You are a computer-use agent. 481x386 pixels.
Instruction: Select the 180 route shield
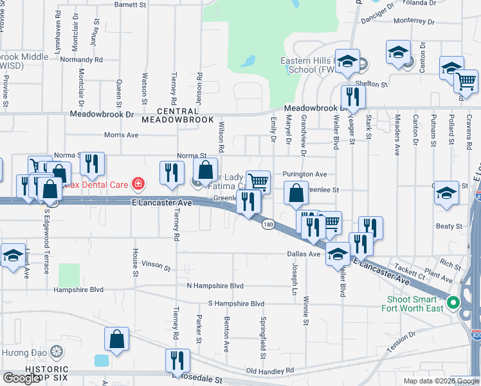tap(268, 224)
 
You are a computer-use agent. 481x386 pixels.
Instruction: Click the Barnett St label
tap(130, 5)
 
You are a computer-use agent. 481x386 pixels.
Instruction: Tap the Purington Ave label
tap(305, 174)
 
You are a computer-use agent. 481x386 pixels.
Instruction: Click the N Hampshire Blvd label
tap(215, 286)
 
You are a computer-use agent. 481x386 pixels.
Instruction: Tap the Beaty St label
tap(449, 226)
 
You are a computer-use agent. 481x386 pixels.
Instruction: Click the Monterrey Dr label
tap(415, 21)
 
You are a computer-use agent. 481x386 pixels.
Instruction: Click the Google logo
tap(21, 378)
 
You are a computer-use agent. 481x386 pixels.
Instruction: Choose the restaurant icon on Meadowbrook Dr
tap(352, 96)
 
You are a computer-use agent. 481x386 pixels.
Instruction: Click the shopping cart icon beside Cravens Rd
tap(466, 81)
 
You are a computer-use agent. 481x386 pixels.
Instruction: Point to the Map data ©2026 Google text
tap(440, 381)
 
